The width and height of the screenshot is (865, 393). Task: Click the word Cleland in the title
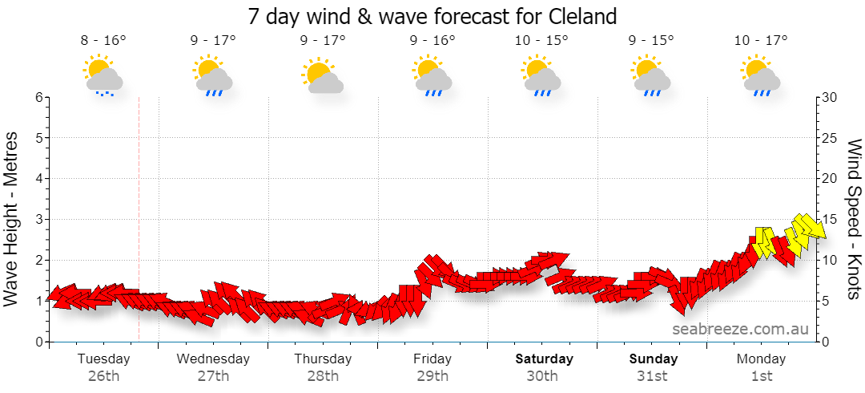[x=582, y=16]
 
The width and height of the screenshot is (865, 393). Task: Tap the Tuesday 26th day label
[x=103, y=367]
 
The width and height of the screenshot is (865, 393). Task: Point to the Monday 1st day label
[x=762, y=367]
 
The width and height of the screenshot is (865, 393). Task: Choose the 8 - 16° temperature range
[x=103, y=40]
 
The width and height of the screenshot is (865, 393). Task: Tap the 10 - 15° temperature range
[x=541, y=40]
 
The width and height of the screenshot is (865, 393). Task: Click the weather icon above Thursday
[x=323, y=75]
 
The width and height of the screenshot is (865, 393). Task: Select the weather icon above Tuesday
[x=103, y=75]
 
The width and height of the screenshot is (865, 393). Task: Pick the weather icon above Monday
[x=762, y=75]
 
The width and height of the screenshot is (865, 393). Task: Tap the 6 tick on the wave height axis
[x=39, y=97]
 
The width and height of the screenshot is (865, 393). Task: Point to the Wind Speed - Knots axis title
[x=853, y=219]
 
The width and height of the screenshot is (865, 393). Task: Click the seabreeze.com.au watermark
[x=740, y=329]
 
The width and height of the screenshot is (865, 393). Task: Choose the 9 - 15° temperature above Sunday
[x=651, y=40]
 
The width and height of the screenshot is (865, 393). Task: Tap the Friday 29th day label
[x=432, y=367]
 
